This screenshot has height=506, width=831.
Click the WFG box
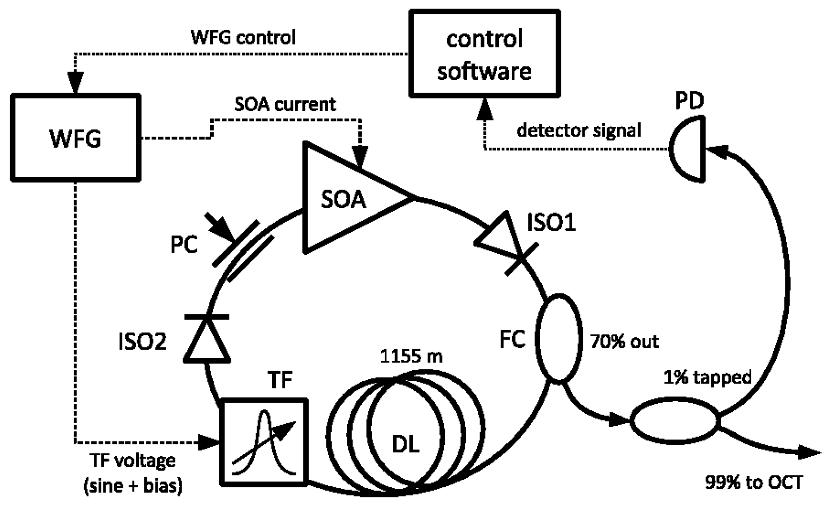coord(75,138)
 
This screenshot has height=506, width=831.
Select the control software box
coord(484,54)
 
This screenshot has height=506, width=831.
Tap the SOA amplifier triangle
coord(345,198)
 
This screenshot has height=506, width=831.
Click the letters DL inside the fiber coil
coord(405,444)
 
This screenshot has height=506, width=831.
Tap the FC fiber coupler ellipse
coord(559,338)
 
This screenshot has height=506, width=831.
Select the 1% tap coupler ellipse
coord(674,421)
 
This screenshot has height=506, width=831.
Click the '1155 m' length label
coord(411,356)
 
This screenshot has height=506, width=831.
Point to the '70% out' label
coord(624,342)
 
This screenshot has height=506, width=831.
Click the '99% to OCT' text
coord(754,482)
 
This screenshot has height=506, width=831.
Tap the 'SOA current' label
coord(285,105)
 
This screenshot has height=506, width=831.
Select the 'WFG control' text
coord(243,37)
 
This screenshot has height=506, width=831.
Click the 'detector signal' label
coord(579,130)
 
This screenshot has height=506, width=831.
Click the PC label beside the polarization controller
coord(184,245)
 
